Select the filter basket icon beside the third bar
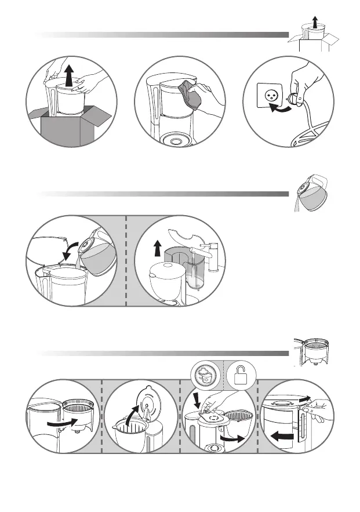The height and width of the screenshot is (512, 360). click(314, 352)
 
